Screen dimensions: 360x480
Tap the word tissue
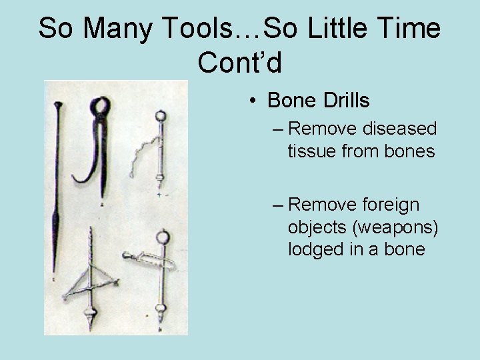pos(311,152)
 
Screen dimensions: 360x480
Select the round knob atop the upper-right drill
pos(159,116)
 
